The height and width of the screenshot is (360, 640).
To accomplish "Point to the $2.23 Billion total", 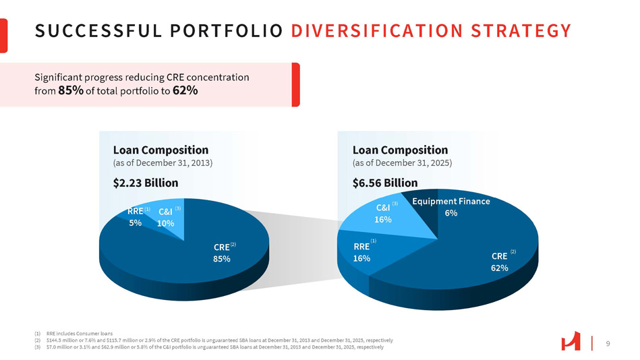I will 146,183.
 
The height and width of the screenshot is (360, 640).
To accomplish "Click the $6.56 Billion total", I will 385,183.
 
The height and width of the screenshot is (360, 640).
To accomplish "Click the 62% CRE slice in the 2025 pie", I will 500,262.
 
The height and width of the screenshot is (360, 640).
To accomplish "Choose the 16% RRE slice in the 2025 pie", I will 361,252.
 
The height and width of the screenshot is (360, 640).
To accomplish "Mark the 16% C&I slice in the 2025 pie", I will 384,214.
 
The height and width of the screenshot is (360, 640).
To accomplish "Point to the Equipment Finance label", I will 451,201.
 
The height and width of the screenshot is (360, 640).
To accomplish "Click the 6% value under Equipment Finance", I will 451,213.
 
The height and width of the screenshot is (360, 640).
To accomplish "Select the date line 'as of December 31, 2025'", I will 402,163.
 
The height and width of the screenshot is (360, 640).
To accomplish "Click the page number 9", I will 608,344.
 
